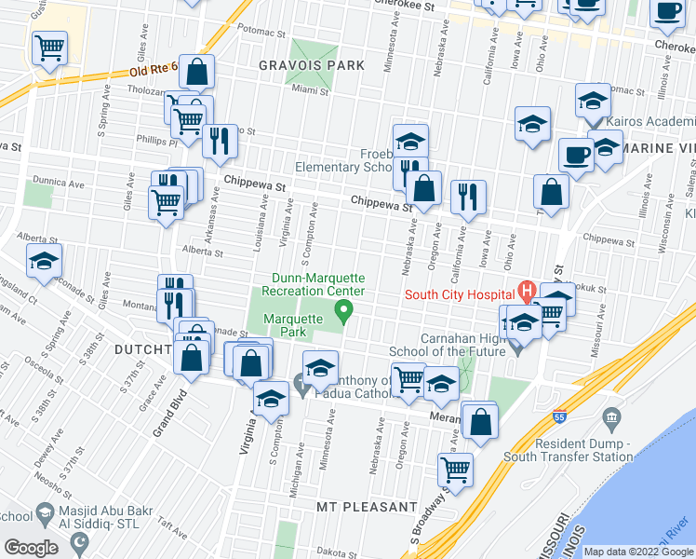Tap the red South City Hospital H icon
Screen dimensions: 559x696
pos(525,293)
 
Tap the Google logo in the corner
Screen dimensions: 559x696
pos(31,548)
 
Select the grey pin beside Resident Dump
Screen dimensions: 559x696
pos(611,417)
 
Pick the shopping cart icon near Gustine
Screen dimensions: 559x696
pos(49,47)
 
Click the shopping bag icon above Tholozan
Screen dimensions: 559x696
pos(197,71)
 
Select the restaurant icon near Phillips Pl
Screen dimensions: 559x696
pos(220,141)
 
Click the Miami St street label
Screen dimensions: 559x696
pos(311,90)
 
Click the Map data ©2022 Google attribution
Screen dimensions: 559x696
pos(639,551)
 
